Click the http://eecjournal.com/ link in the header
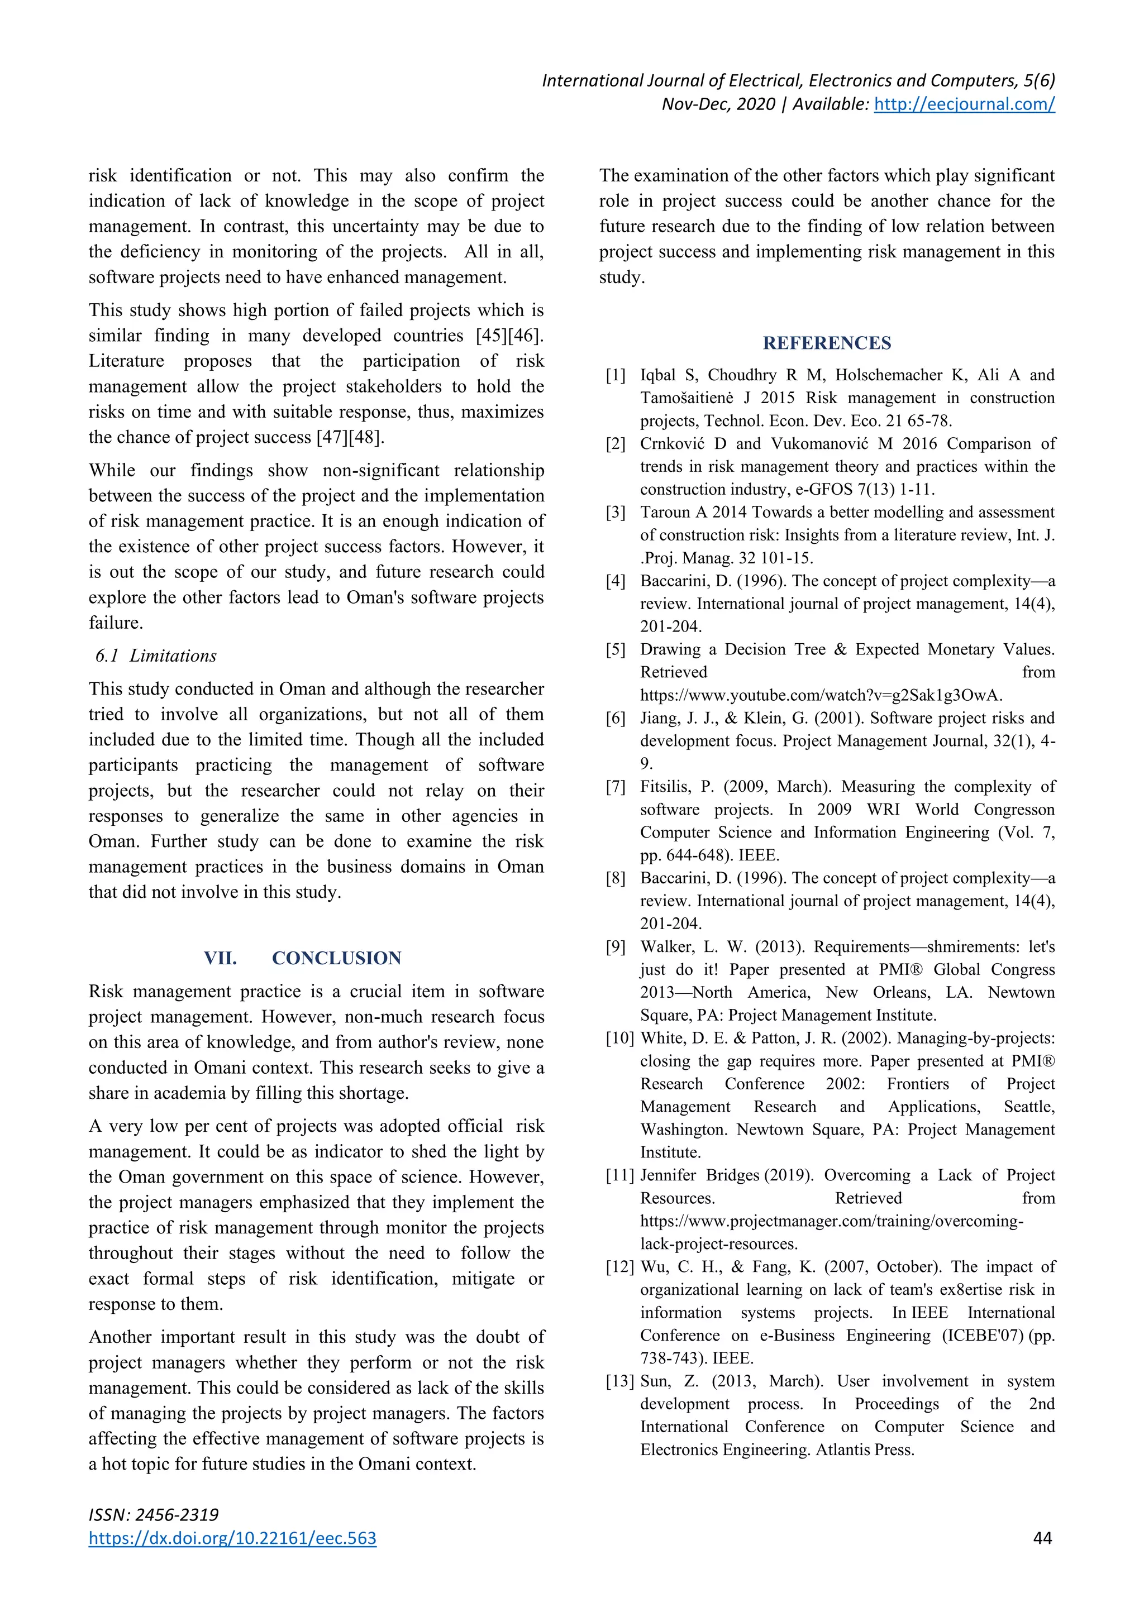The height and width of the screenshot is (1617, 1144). pos(964,104)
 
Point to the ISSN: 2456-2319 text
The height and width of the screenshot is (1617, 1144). pos(154,1514)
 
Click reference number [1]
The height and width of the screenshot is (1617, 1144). pos(616,375)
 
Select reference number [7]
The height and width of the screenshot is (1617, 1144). pos(616,787)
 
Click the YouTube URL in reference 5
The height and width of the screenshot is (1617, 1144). pos(821,695)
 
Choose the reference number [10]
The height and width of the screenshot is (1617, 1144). pos(620,1038)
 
